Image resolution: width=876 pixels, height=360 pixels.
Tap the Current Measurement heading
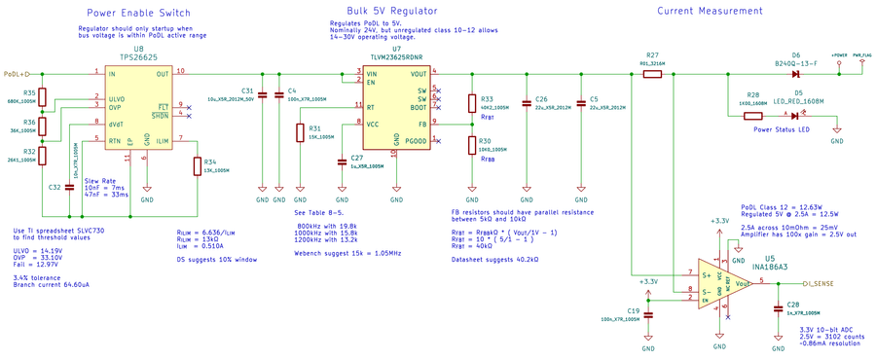tap(711, 11)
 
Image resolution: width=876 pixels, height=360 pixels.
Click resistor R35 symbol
tap(43, 96)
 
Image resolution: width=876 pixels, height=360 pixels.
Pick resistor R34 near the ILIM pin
tap(198, 164)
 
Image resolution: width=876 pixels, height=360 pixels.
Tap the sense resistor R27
tap(652, 73)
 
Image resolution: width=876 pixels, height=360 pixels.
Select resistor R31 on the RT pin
tap(301, 132)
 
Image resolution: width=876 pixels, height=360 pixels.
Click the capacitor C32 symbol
tap(68, 187)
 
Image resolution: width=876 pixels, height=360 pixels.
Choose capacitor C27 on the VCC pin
tap(341, 161)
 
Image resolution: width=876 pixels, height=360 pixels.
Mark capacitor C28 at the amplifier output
tap(777, 308)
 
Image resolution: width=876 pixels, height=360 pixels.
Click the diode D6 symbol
tap(794, 73)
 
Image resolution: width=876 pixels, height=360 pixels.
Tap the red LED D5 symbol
tap(794, 116)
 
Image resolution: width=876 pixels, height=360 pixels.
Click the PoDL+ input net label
tap(18, 73)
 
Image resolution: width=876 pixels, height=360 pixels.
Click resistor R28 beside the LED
tap(752, 116)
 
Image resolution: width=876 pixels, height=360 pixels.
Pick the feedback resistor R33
tap(472, 103)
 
